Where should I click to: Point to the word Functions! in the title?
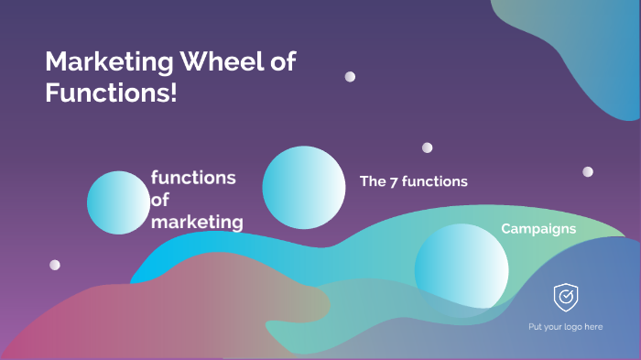pos(111,93)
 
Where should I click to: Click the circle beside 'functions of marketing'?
pos(118,202)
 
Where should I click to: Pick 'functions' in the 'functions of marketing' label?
pos(193,178)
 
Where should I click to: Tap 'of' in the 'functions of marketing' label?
pos(160,200)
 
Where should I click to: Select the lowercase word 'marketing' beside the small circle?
pos(197,223)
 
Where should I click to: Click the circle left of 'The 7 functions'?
pos(303,188)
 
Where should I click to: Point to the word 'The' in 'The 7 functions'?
pos(373,181)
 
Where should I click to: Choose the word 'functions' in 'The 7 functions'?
pos(436,181)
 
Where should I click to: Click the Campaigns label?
pos(538,228)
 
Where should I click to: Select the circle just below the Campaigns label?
pos(462,267)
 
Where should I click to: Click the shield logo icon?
pos(565,297)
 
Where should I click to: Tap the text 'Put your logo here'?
pos(565,327)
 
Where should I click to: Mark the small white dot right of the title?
pos(350,77)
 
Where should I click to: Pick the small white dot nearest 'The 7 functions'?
pos(427,147)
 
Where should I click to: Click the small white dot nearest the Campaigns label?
pos(588,171)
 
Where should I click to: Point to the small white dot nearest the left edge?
pos(55,265)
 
